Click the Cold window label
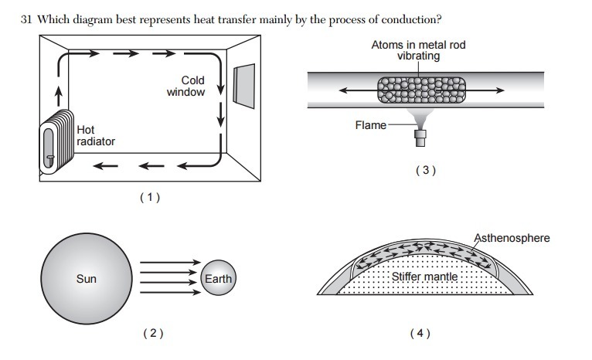pyautogui.click(x=187, y=86)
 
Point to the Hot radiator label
pyautogui.click(x=95, y=136)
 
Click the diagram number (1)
pyautogui.click(x=149, y=198)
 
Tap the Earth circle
pyautogui.click(x=217, y=278)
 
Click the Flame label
pyautogui.click(x=370, y=124)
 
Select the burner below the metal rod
pyautogui.click(x=420, y=138)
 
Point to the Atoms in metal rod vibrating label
pyautogui.click(x=418, y=51)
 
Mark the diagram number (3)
pyautogui.click(x=425, y=171)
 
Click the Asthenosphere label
pyautogui.click(x=513, y=238)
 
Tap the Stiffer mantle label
pyautogui.click(x=424, y=277)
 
